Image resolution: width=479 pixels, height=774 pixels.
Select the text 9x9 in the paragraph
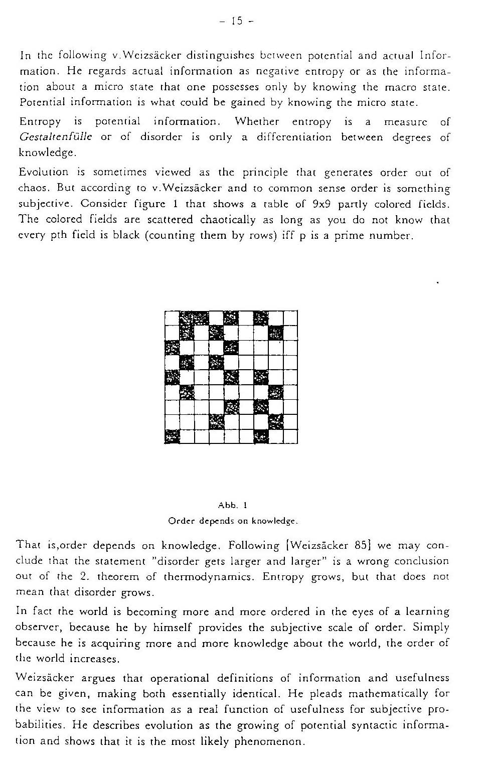pyautogui.click(x=322, y=204)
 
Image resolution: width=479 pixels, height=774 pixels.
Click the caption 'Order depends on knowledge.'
pyautogui.click(x=233, y=521)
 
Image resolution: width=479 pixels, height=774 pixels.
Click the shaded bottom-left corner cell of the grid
pyautogui.click(x=172, y=437)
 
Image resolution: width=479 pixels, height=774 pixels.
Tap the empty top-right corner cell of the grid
pyautogui.click(x=290, y=318)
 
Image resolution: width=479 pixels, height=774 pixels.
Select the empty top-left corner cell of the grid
pyautogui.click(x=172, y=318)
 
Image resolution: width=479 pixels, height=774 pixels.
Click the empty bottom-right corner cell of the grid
pyautogui.click(x=290, y=437)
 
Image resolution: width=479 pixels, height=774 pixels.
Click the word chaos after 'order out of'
pyautogui.click(x=34, y=188)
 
